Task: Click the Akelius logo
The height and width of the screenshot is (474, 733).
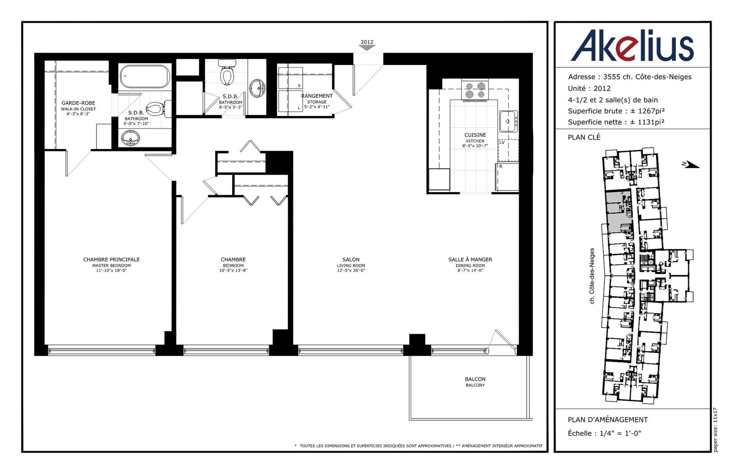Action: (632, 45)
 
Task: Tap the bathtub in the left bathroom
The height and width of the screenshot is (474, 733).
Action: (145, 77)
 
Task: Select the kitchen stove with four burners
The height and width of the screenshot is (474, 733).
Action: (475, 91)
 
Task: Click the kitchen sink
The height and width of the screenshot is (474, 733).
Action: (509, 121)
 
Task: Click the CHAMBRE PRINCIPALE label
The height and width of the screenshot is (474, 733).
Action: (112, 259)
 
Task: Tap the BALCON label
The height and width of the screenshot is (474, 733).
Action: (475, 379)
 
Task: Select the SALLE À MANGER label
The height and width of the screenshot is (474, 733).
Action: (470, 259)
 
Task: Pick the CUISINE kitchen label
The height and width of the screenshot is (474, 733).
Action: (475, 135)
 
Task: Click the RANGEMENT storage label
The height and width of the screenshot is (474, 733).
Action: (317, 96)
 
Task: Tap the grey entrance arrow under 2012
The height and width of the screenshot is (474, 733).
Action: (367, 48)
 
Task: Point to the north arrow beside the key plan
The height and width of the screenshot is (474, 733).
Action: (691, 165)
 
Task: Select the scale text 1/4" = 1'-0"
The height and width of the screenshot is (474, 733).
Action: (620, 433)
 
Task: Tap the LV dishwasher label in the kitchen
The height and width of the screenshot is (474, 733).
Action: (502, 142)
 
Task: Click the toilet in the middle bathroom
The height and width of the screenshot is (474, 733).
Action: (227, 72)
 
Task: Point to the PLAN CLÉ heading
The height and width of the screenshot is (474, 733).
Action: (584, 137)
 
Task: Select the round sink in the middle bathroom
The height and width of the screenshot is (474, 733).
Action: (257, 88)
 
